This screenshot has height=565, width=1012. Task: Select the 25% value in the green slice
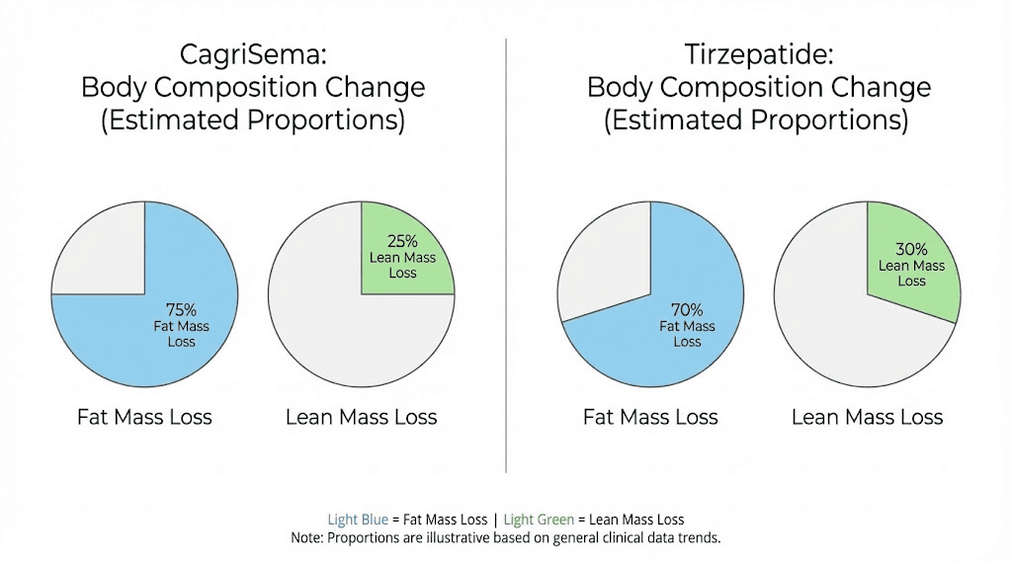(402, 241)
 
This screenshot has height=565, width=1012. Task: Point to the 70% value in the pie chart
(687, 310)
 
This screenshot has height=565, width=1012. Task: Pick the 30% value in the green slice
(911, 250)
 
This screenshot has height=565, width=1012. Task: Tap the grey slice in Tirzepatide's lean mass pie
(830, 316)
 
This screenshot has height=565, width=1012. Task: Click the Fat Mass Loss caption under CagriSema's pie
(144, 417)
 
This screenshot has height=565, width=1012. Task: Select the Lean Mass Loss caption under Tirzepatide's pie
(867, 417)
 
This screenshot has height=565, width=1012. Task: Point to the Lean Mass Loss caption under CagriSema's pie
(361, 417)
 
